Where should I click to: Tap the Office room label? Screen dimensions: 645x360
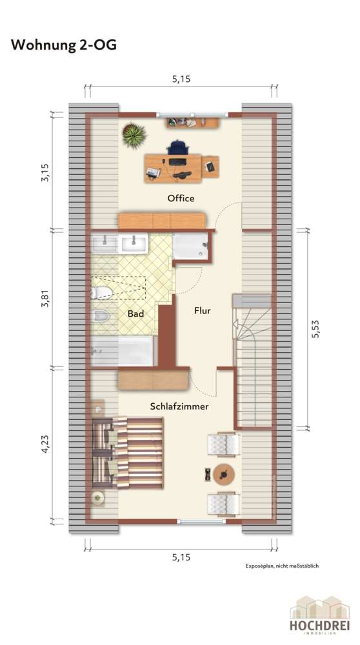(181, 198)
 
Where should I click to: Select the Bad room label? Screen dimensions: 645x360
(135, 314)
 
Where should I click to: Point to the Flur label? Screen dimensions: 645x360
(203, 310)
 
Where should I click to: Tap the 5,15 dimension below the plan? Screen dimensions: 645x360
(181, 556)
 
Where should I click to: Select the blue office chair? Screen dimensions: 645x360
(177, 148)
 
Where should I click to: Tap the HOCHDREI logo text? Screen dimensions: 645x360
(319, 626)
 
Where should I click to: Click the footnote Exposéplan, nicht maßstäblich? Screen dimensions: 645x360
(282, 566)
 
